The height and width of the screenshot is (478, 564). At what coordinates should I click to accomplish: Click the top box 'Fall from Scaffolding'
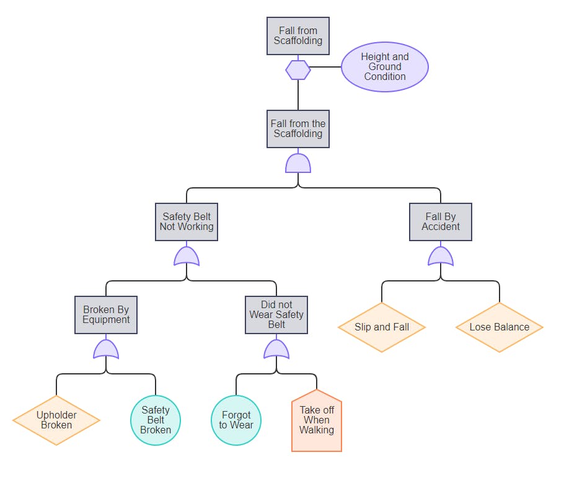click(298, 36)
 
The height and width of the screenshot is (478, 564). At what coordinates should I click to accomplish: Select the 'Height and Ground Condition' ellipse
click(384, 67)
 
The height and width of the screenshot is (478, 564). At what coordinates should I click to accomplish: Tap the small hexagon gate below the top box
click(298, 70)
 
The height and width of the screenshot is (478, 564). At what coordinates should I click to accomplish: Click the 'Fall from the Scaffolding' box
click(298, 129)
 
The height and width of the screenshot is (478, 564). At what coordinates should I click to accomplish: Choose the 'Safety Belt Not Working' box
click(187, 222)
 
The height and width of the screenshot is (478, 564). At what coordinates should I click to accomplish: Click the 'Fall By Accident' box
click(441, 222)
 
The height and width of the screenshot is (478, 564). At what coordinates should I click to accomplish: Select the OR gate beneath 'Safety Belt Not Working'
click(187, 256)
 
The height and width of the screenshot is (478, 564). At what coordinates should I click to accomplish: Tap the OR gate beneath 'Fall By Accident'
click(441, 256)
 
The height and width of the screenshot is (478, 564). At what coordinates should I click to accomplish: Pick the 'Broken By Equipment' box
click(106, 315)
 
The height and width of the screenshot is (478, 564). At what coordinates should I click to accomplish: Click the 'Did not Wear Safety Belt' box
click(276, 315)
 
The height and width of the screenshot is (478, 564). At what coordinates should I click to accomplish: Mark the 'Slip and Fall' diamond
click(382, 327)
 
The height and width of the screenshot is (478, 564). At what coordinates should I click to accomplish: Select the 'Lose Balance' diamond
click(500, 327)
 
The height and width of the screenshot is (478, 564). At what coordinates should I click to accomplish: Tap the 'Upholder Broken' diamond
click(56, 420)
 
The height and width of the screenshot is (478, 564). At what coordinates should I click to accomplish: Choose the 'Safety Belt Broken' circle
click(156, 420)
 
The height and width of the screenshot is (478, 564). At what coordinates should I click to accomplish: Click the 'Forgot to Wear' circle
click(236, 420)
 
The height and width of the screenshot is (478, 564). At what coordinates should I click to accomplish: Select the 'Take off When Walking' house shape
click(317, 422)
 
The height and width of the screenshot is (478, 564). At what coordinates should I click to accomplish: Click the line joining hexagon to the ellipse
click(326, 67)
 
